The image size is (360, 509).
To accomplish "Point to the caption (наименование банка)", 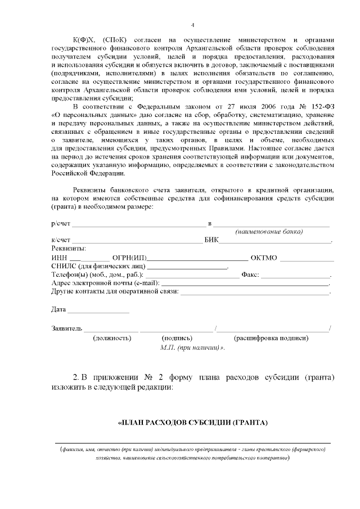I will pyautogui.click(x=269, y=232).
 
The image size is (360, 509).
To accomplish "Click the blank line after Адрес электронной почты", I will pyautogui.click(x=245, y=285).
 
